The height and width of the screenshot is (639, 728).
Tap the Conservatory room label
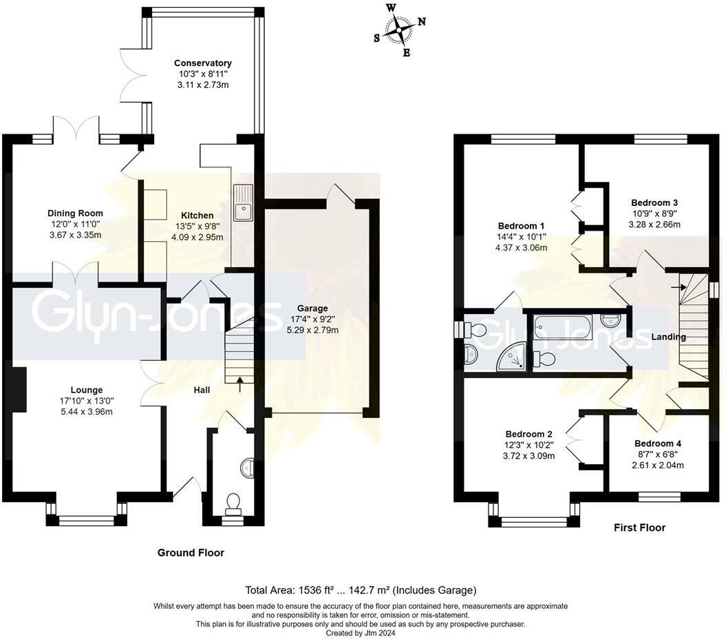pyautogui.click(x=202, y=63)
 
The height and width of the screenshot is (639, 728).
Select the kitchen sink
pyautogui.click(x=243, y=203)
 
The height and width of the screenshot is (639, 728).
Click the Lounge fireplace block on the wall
pyautogui.click(x=19, y=390)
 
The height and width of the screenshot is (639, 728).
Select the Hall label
pyautogui.click(x=202, y=390)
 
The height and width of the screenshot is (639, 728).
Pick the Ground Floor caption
pyautogui.click(x=191, y=552)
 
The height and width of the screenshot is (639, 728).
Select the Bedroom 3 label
pyautogui.click(x=654, y=202)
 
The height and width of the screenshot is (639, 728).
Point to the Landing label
pyautogui.click(x=669, y=337)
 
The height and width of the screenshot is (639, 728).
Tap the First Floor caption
pyautogui.click(x=639, y=527)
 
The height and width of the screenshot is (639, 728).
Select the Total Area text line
pyautogui.click(x=361, y=590)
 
